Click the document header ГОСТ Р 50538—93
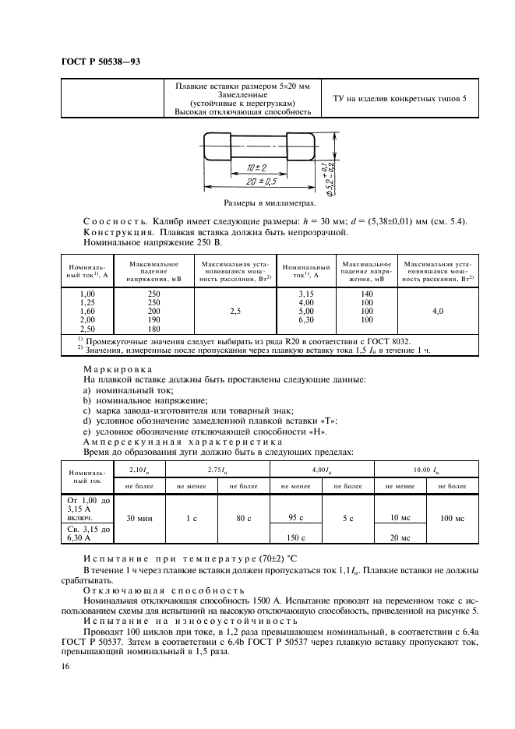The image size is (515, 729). tap(101, 62)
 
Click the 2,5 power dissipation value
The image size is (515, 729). tap(235, 310)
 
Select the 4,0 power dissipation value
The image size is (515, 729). tap(439, 310)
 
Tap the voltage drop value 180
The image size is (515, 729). tap(153, 329)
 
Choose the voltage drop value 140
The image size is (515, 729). tap(366, 292)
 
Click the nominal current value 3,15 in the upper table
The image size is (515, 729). tap(306, 292)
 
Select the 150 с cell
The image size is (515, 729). tap(295, 537)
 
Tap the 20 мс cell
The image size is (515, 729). tap(400, 537)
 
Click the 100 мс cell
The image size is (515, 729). tap(451, 517)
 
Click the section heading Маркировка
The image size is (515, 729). tap(118, 369)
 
